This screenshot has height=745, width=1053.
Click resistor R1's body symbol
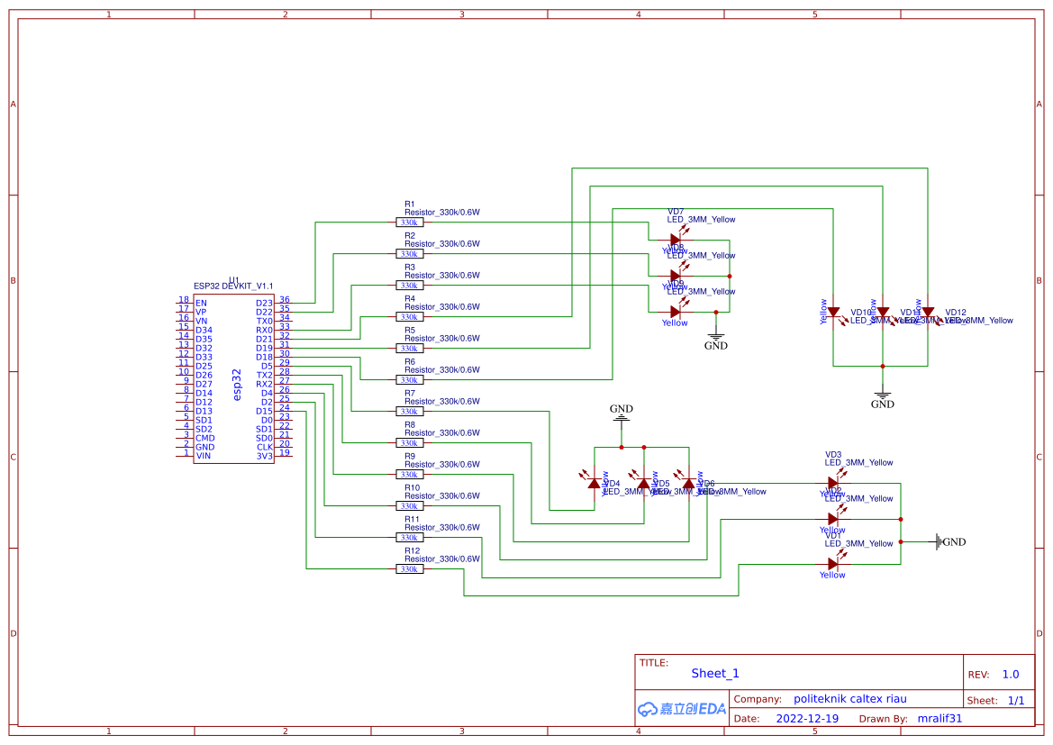point(409,223)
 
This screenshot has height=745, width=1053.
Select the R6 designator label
point(410,361)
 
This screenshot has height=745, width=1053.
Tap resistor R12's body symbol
point(409,569)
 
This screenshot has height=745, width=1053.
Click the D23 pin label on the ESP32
point(264,304)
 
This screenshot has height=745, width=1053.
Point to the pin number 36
point(285,299)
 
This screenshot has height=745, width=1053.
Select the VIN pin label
point(204,456)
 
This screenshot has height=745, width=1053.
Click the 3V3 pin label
point(264,456)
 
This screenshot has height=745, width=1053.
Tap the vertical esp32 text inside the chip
point(237,384)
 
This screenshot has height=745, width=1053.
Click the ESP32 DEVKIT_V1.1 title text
point(233,286)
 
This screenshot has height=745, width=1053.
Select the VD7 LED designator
point(676,212)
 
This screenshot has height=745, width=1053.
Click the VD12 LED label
point(956,313)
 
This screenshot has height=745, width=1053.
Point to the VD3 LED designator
point(833,455)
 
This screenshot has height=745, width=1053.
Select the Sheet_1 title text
point(715,673)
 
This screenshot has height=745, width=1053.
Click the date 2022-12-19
point(807,719)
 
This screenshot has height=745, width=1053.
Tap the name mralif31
point(940,719)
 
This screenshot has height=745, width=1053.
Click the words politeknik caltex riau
point(849,699)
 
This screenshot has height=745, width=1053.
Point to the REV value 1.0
point(1010,674)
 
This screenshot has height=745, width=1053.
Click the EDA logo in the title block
point(682,709)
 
